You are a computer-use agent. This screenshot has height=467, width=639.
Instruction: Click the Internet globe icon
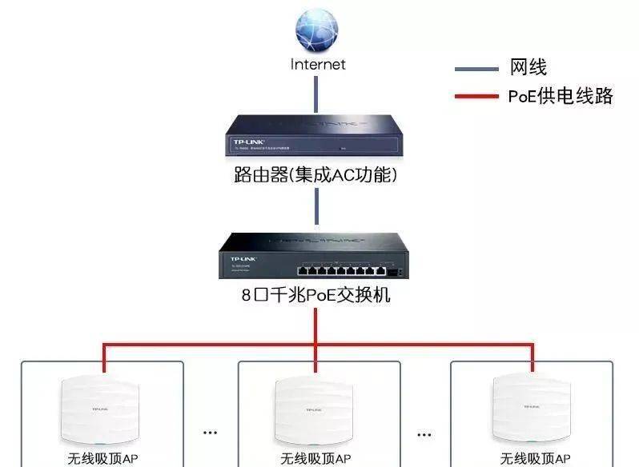(x=317, y=30)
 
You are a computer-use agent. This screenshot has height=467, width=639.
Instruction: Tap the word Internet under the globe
(x=318, y=64)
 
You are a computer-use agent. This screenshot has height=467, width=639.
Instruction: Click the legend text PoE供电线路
(x=560, y=97)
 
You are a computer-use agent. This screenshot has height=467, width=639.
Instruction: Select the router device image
(x=316, y=135)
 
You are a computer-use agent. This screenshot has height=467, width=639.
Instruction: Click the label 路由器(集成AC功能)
(x=315, y=174)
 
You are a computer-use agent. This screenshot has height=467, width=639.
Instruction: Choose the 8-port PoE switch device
(x=315, y=254)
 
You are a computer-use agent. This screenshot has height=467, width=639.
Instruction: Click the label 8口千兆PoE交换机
(x=315, y=295)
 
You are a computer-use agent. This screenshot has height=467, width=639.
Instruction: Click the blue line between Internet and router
(x=317, y=92)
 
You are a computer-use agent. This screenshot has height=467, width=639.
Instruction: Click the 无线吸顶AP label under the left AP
(x=102, y=458)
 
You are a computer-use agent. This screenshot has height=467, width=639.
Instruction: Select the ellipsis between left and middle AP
(x=210, y=433)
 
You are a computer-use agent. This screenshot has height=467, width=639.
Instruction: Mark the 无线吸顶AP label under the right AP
(x=535, y=458)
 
